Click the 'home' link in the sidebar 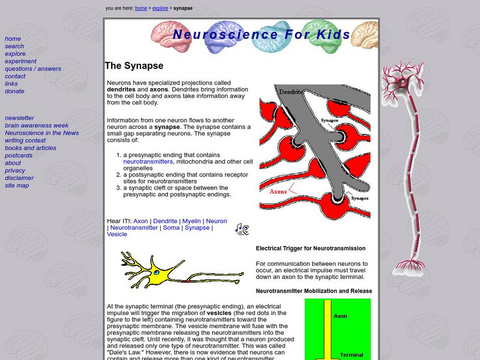tap(13, 39)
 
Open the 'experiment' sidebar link tap(20, 61)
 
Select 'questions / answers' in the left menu tap(33, 69)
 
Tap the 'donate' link tap(14, 91)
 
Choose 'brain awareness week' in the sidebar tap(37, 125)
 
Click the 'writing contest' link tap(25, 140)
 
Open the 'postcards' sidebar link tap(19, 155)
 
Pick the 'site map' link tap(17, 185)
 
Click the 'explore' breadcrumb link tap(160, 8)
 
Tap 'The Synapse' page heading tap(134, 66)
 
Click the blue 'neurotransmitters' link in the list tap(148, 162)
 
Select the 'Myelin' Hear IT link tap(191, 221)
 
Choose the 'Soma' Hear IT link tap(171, 228)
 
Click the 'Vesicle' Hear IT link tap(117, 235)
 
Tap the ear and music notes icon tap(242, 229)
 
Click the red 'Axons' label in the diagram tap(278, 192)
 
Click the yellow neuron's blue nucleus tap(157, 272)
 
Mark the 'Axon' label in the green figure tap(340, 316)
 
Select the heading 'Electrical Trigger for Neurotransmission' tap(310, 248)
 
